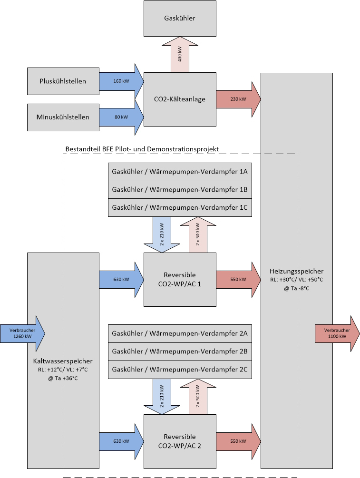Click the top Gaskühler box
[180, 18]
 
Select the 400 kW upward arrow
[180, 55]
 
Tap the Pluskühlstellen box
[63, 81]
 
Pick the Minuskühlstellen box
[63, 117]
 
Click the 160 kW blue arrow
[121, 81]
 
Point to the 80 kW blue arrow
[121, 117]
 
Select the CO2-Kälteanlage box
[180, 99]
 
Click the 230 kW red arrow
[238, 99]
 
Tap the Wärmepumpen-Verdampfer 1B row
[180, 190]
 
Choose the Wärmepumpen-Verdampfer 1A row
[180, 172]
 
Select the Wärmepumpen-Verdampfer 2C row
[180, 370]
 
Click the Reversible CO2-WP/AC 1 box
[180, 280]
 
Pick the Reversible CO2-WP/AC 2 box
[180, 441]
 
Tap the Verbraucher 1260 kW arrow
[22, 333]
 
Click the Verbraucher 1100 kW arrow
[337, 333]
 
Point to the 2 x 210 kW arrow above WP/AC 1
[162, 235]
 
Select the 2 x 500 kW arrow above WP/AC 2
[198, 397]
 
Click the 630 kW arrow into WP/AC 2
[121, 441]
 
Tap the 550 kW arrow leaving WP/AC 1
[238, 280]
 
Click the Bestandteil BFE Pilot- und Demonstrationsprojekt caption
[142, 149]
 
